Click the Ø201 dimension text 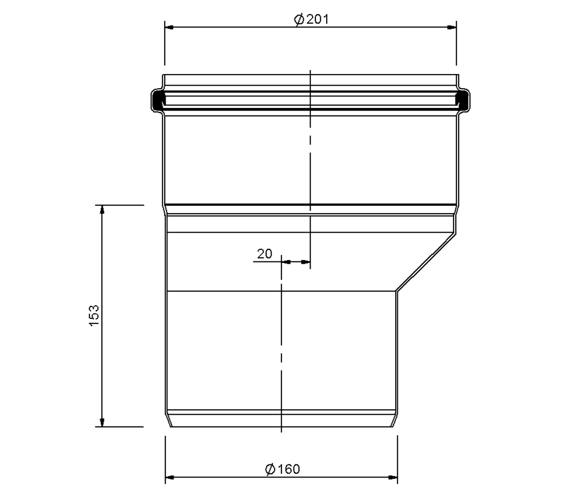pyautogui.click(x=312, y=19)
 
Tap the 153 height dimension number pyautogui.click(x=94, y=316)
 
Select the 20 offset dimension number pyautogui.click(x=265, y=254)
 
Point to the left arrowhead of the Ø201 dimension pyautogui.click(x=169, y=27)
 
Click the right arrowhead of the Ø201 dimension pyautogui.click(x=452, y=27)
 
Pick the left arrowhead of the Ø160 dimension pyautogui.click(x=170, y=477)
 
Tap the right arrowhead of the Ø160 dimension pyautogui.click(x=393, y=477)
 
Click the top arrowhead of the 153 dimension pyautogui.click(x=102, y=210)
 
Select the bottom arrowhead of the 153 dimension pyautogui.click(x=102, y=422)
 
